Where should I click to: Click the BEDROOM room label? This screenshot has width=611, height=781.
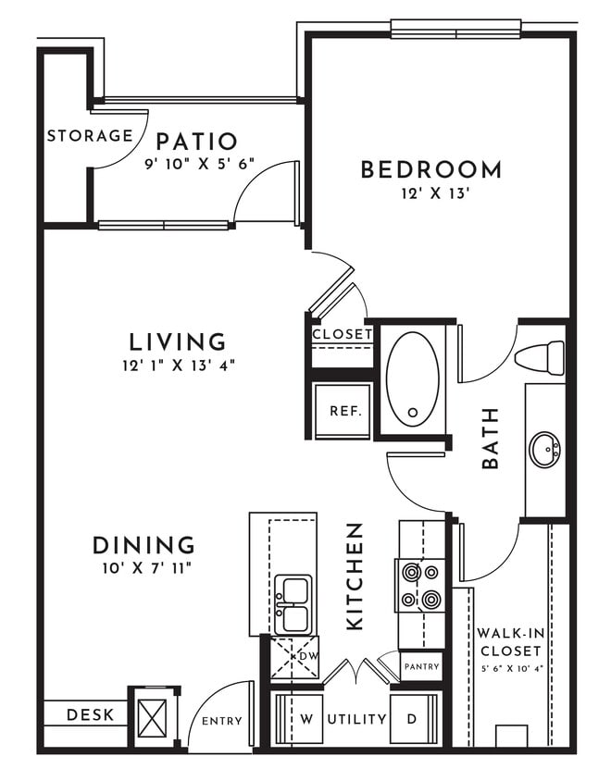430,169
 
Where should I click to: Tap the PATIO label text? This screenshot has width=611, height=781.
196,142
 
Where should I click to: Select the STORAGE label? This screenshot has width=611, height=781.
90,136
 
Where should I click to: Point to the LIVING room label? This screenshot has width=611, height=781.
178,341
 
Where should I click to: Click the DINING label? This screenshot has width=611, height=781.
143,545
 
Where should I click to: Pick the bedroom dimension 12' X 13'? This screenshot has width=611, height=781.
430,194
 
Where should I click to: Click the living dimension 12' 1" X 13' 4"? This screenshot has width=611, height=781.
178,365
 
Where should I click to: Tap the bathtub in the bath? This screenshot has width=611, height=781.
413,378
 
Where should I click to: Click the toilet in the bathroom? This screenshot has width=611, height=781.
541,357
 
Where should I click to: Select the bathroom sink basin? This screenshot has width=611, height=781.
545,451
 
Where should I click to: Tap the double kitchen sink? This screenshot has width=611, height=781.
293,603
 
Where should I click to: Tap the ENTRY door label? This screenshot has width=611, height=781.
221,721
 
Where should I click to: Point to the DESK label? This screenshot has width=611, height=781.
91,714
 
